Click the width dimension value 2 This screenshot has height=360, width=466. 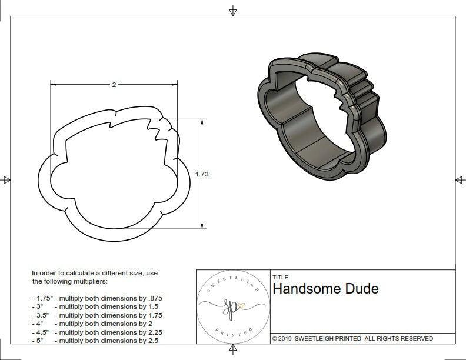point(114,85)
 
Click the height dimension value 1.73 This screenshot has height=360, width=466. point(202,174)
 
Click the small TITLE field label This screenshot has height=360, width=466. point(280,277)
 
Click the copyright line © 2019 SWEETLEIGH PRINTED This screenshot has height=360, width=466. point(352,338)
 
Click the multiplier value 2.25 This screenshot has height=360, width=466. point(151,332)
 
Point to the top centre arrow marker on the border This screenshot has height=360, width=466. point(233,11)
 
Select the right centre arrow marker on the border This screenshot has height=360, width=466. point(460,179)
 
